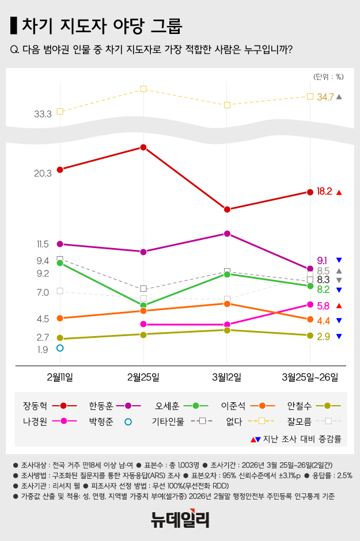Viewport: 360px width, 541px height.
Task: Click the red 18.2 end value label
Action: pos(324,192)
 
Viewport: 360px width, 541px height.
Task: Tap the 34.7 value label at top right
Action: pos(325,97)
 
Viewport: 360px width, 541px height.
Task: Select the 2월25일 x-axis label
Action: pos(143,377)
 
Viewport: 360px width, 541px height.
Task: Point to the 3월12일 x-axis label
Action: pos(227,377)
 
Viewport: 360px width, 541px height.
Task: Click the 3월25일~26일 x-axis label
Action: pos(310,377)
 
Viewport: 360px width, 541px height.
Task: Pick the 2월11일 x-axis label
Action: pos(60,377)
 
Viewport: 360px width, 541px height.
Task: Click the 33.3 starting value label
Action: pos(43,114)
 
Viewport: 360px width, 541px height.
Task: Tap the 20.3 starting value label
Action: pos(43,173)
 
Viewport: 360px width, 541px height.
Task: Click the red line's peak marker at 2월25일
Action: pos(143,147)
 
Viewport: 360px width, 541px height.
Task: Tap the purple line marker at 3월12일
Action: pos(227,234)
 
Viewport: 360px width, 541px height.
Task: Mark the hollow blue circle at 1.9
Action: pos(60,348)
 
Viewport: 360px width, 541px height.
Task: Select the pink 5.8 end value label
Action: pos(323,306)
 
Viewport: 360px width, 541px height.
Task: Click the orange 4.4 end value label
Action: pos(323,321)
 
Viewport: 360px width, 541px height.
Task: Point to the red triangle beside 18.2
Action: pos(339,192)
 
